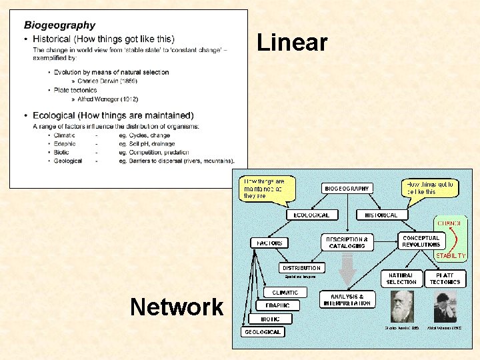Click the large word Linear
292,43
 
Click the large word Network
177,307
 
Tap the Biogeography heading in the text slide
59,25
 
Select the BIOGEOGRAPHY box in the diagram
347,189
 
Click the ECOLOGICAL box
312,215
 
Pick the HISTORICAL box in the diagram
381,215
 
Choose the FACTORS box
269,243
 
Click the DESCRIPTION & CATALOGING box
347,243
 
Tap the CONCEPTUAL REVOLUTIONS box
421,241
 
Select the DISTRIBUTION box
302,268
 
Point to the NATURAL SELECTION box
401,279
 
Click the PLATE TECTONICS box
445,279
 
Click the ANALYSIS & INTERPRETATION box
347,299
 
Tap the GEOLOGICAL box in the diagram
263,331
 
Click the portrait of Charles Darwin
402,307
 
